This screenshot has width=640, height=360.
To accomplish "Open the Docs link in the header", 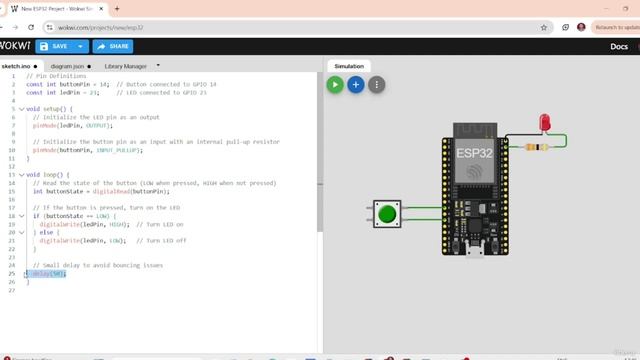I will click(x=618, y=46).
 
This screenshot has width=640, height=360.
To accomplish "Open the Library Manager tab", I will click(x=126, y=66).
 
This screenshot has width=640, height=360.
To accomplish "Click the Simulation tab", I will click(x=348, y=66).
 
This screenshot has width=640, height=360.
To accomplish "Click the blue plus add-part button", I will click(x=355, y=85).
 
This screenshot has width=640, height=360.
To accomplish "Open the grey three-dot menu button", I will click(x=376, y=85).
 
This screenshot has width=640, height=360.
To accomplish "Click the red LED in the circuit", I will click(x=545, y=123).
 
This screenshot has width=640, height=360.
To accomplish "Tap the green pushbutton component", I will click(x=386, y=213).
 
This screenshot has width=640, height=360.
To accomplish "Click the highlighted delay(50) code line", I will click(x=47, y=273).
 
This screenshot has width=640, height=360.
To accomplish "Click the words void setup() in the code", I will click(x=48, y=108).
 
